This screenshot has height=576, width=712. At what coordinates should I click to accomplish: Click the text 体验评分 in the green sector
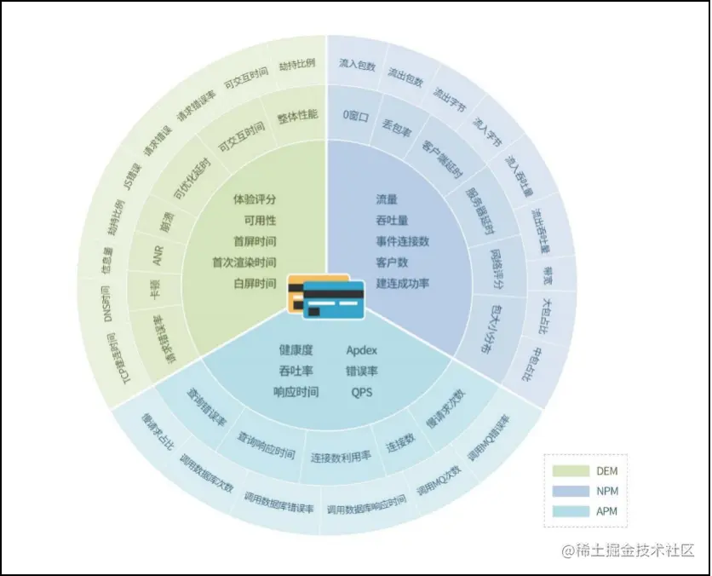click(255, 199)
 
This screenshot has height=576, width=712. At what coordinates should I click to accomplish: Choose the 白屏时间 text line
click(255, 283)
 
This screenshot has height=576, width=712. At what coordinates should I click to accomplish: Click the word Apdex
click(361, 350)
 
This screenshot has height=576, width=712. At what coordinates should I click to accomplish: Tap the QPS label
click(361, 392)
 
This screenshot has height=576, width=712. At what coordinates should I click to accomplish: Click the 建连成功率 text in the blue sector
click(402, 283)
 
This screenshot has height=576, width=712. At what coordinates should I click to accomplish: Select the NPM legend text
click(606, 491)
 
